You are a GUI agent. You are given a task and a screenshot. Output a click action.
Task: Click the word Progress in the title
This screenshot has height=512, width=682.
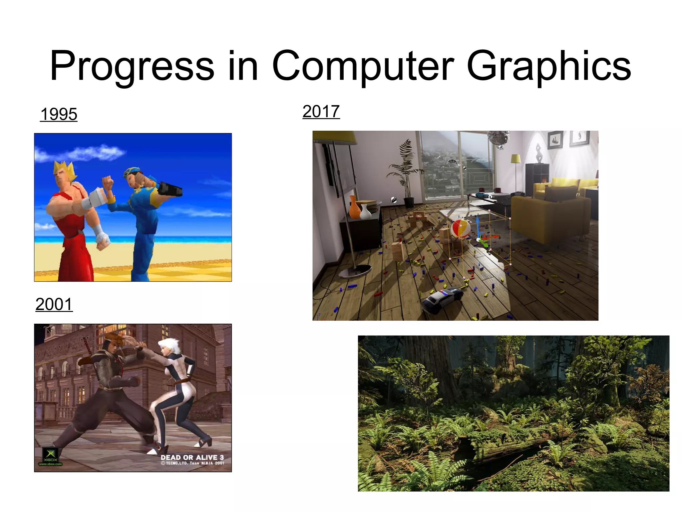pos(132,66)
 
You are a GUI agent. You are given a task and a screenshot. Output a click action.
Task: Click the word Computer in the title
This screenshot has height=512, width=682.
pos(363,66)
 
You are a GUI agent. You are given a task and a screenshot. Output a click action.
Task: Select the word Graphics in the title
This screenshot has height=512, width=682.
pos(548,66)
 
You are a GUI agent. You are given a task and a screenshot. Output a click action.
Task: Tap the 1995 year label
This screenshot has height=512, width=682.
pos(59,114)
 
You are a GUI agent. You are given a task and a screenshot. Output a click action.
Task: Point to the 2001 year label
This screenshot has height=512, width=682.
pos(54,305)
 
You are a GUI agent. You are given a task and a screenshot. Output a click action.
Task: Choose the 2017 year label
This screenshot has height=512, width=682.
pos(321,112)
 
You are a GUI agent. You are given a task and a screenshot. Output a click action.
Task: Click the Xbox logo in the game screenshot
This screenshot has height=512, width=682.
pos(50,455)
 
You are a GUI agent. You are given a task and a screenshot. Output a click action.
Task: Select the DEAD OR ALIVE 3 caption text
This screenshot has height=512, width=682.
pos(192,458)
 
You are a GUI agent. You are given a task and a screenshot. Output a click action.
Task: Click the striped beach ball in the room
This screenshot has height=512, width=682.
pos(460,229)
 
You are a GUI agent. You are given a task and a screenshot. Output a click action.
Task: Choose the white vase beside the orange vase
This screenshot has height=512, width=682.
pos(365,212)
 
